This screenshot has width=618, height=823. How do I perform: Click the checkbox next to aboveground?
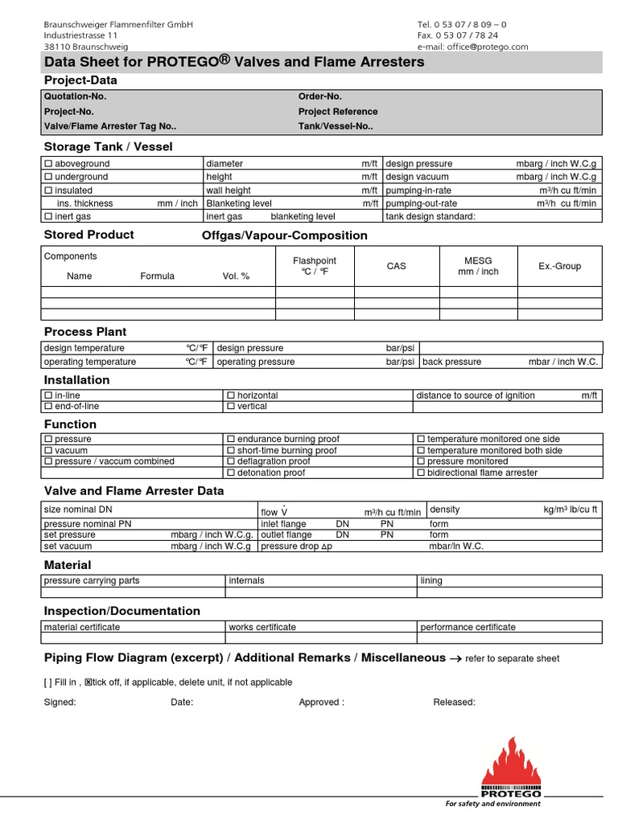click(x=47, y=164)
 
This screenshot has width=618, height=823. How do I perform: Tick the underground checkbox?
click(x=47, y=177)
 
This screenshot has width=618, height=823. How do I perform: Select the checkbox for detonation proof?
click(x=231, y=473)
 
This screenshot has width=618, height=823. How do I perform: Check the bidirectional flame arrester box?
click(x=420, y=473)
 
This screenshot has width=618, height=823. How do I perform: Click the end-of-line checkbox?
click(x=47, y=407)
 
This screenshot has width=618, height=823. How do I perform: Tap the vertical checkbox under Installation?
click(x=231, y=407)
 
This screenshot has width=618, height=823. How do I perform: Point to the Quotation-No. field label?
click(x=75, y=96)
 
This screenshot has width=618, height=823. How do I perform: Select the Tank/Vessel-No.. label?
click(x=336, y=126)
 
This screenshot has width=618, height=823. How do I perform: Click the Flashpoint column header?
click(x=315, y=266)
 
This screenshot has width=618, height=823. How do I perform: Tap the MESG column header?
click(x=478, y=266)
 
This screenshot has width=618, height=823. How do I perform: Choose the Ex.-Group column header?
click(x=559, y=266)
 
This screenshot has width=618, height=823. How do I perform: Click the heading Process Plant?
click(x=85, y=332)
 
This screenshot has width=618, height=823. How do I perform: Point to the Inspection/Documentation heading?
click(x=122, y=611)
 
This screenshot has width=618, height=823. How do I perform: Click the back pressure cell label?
click(x=451, y=362)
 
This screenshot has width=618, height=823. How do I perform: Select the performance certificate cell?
click(x=468, y=627)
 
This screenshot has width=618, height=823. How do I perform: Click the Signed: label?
click(x=60, y=702)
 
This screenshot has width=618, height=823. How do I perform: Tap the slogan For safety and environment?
click(x=493, y=804)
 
